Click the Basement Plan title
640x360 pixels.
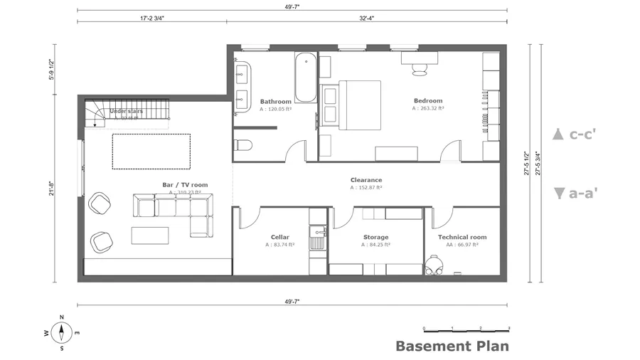452,346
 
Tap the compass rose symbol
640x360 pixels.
62,332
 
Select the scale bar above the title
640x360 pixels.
466,329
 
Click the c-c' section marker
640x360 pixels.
575,134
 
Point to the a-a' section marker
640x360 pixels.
575,192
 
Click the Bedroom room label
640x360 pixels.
428,101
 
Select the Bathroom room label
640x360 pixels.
275,102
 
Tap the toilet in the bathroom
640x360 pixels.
242,146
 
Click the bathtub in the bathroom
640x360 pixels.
304,77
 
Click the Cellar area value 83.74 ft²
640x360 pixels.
280,245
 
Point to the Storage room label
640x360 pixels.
375,237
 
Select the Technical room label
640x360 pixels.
462,237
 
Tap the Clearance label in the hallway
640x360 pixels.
366,180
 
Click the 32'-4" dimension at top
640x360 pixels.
368,19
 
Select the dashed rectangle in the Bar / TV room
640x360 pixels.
151,151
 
